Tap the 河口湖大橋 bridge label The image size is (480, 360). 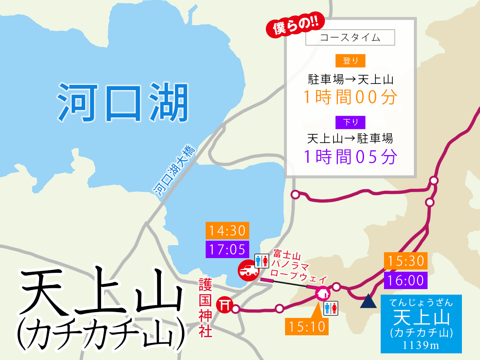(174, 170)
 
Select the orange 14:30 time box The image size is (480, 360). (227, 230)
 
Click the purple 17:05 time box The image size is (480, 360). (227, 249)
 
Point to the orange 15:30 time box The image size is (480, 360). (406, 261)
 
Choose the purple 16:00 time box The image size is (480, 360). (406, 280)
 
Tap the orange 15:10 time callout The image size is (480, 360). (307, 326)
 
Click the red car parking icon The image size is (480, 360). (248, 271)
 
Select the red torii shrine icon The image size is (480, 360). (224, 305)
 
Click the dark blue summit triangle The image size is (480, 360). (368, 302)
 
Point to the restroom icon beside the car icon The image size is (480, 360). (262, 261)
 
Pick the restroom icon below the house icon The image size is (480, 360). (330, 308)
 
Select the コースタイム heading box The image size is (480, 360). (350, 38)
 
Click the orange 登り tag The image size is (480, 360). (350, 61)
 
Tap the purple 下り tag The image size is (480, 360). (350, 122)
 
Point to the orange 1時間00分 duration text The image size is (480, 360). (350, 97)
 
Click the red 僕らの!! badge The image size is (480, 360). (295, 25)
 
